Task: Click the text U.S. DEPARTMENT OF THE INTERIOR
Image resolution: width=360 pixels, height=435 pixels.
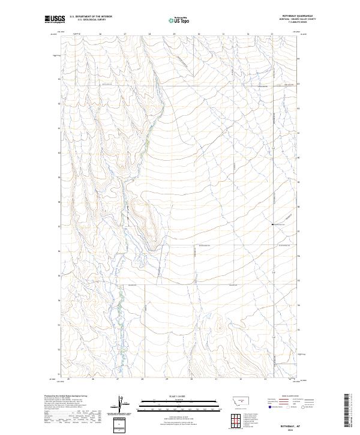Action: [91, 17]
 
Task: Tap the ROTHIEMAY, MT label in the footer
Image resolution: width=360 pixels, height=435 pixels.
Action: [283, 422]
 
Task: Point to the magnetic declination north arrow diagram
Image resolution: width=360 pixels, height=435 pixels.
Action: [120, 404]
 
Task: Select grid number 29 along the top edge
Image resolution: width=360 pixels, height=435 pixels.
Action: [174, 35]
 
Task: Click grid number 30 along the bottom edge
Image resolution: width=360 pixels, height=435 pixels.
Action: [191, 379]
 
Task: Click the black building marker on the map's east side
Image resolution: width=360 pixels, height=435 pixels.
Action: [272, 224]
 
